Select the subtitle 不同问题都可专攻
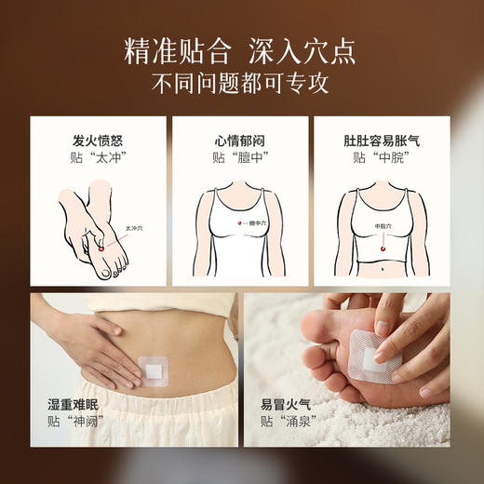(242, 82)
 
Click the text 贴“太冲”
(98, 158)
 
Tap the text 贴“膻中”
(241, 158)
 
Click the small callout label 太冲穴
(134, 226)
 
